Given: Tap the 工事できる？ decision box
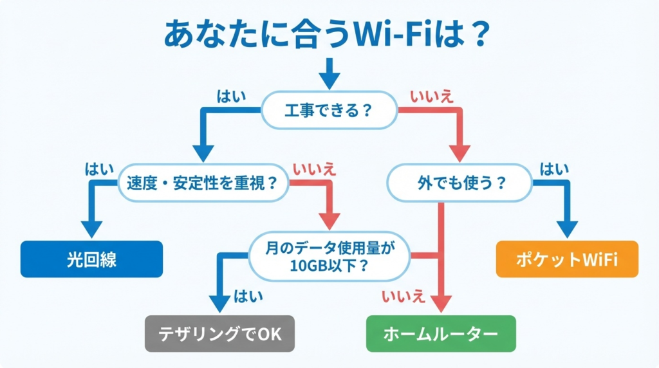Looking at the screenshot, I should (x=328, y=110).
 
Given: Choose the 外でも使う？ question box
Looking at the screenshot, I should (x=459, y=183).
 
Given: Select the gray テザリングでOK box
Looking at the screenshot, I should (x=219, y=333).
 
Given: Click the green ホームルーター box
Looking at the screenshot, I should (x=441, y=333).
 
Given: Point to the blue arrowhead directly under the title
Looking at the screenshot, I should (x=329, y=80).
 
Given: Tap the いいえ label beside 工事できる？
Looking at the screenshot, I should (x=432, y=97).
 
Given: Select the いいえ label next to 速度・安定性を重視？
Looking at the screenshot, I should (x=314, y=170).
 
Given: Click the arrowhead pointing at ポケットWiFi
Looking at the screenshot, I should (x=567, y=229).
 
